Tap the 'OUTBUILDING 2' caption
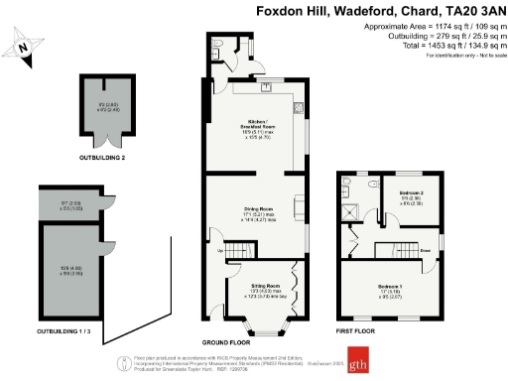[x=104, y=158]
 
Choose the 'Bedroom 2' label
[x=411, y=191]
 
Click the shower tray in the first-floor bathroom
[x=349, y=208]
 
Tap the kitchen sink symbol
[x=267, y=86]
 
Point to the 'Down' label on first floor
[x=425, y=250]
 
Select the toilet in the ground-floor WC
[x=217, y=46]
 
